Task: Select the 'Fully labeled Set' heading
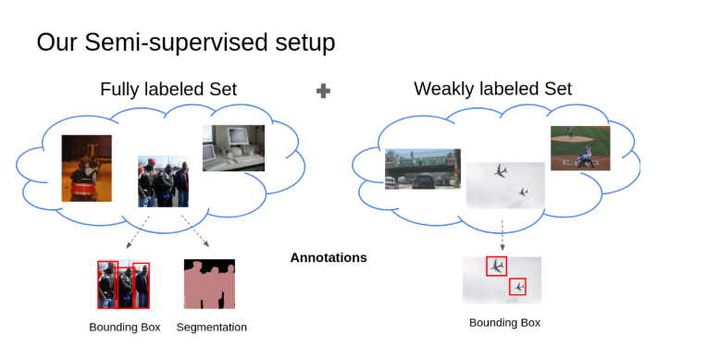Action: click(168, 89)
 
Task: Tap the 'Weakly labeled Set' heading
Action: click(492, 89)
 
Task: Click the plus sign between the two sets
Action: click(323, 91)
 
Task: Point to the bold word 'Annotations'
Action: click(329, 257)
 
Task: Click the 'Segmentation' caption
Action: click(211, 327)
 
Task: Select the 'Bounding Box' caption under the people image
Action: click(125, 327)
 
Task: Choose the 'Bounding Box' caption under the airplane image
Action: click(504, 322)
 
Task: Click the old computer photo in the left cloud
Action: click(233, 148)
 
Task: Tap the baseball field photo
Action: click(580, 148)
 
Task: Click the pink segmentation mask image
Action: click(209, 284)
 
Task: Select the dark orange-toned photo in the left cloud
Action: click(86, 168)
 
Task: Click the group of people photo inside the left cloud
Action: click(164, 181)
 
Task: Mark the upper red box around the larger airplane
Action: click(497, 266)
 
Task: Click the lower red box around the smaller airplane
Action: click(517, 287)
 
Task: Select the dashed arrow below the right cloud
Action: click(503, 234)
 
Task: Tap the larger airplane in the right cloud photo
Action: click(501, 171)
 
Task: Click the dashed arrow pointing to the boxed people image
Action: click(139, 231)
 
